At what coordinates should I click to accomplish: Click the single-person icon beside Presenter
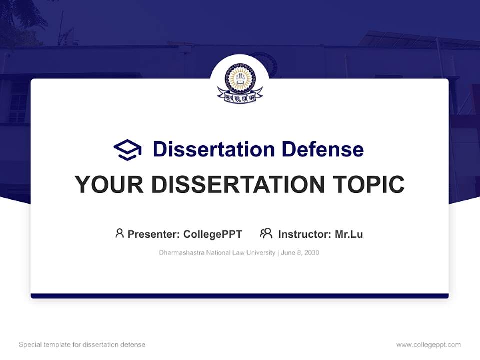click(119, 233)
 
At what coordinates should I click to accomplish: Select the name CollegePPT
click(213, 234)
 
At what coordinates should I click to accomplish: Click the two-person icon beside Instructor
click(266, 233)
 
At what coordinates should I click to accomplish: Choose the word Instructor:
click(304, 234)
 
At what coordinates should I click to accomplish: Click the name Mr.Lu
click(349, 234)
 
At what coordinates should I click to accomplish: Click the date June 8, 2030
click(300, 253)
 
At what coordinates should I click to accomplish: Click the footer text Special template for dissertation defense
click(82, 345)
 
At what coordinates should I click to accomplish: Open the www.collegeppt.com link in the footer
click(428, 345)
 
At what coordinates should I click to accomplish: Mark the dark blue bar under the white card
click(240, 296)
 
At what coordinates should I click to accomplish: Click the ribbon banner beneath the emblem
click(240, 97)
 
